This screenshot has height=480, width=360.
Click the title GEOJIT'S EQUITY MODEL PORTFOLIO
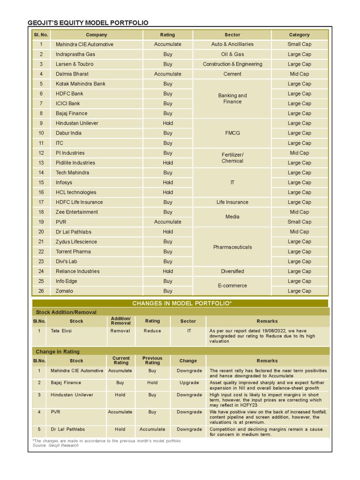[88, 22]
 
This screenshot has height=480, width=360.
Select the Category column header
[299, 35]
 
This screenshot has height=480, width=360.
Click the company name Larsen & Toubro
[75, 64]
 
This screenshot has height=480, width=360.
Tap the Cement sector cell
[232, 74]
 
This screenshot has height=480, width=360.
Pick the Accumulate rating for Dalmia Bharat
[167, 74]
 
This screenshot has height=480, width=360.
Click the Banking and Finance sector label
[232, 99]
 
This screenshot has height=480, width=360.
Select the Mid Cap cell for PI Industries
[299, 153]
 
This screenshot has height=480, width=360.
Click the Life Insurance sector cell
[232, 202]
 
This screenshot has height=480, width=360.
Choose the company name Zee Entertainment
[76, 212]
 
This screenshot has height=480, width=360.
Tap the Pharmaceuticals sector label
[232, 247]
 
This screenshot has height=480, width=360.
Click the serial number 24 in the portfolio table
[41, 271]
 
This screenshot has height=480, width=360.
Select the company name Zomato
[64, 291]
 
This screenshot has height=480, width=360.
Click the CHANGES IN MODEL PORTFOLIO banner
[182, 303]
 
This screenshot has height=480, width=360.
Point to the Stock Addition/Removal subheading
[66, 312]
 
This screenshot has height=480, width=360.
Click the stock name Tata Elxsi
[61, 331]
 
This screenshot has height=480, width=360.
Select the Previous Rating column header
[152, 360]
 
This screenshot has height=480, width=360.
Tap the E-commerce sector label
[232, 286]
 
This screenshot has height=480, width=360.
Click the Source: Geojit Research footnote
[55, 445]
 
